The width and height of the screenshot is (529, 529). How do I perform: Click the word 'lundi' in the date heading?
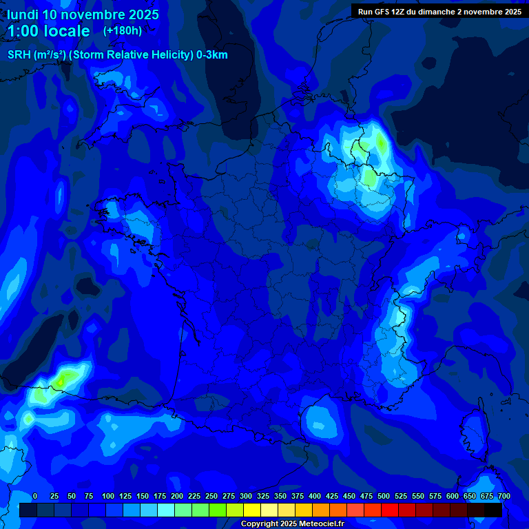pyautogui.click(x=22, y=14)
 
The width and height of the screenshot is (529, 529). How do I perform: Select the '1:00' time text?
pyautogui.click(x=24, y=31)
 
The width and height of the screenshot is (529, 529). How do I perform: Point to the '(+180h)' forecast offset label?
pyautogui.click(x=123, y=31)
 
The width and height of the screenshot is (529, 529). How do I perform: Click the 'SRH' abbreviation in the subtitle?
pyautogui.click(x=20, y=55)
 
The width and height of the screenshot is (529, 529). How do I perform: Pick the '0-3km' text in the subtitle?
pyautogui.click(x=212, y=55)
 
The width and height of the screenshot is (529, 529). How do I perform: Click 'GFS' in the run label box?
pyautogui.click(x=382, y=12)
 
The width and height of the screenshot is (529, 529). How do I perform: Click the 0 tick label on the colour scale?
pyautogui.click(x=35, y=496)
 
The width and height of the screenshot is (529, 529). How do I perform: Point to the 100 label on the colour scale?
pyautogui.click(x=107, y=496)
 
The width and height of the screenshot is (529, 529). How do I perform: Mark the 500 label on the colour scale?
pyautogui.click(x=384, y=496)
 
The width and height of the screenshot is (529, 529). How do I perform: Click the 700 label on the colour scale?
pyautogui.click(x=504, y=496)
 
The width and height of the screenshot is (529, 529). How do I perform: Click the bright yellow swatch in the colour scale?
pyautogui.click(x=252, y=510)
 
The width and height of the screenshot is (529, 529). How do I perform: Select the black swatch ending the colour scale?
pyautogui.click(x=493, y=510)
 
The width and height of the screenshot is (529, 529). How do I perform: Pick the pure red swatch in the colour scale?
pyautogui.click(x=390, y=510)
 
